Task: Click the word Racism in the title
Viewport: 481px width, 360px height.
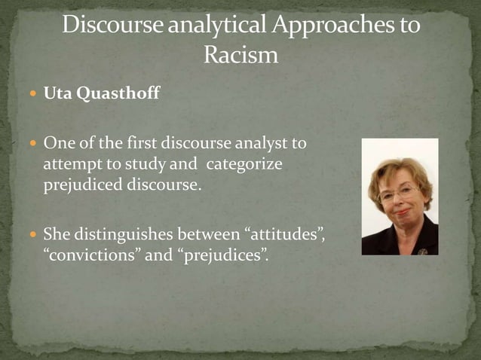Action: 240,55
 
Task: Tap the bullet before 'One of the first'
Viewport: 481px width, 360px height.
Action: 35,142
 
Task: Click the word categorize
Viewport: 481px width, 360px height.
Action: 243,163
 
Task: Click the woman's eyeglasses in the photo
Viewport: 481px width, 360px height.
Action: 397,193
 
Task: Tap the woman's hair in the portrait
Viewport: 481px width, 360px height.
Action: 400,167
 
